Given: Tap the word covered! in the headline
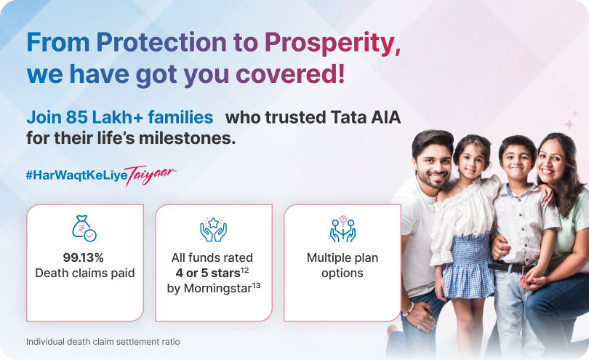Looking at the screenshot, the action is click(x=290, y=73).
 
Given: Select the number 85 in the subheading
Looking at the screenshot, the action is click(x=76, y=117).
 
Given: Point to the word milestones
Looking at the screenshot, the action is click(x=187, y=138).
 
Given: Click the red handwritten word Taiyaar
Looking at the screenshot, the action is click(x=150, y=175).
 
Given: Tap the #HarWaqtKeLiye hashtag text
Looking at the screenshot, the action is click(x=76, y=175).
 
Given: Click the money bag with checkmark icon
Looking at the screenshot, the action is click(x=84, y=228).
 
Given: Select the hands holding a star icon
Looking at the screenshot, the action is click(x=213, y=229).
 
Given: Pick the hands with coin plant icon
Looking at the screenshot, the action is click(x=342, y=228).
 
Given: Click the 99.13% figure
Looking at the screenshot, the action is click(x=84, y=257).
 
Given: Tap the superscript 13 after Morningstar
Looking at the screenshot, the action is click(x=256, y=286).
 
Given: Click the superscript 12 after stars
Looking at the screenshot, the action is click(x=245, y=271).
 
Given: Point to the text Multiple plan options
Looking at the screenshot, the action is click(x=342, y=265).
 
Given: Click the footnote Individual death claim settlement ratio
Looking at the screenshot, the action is click(x=103, y=342).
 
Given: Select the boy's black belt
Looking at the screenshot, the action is click(x=511, y=268).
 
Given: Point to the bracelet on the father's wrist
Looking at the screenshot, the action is click(x=409, y=309).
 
